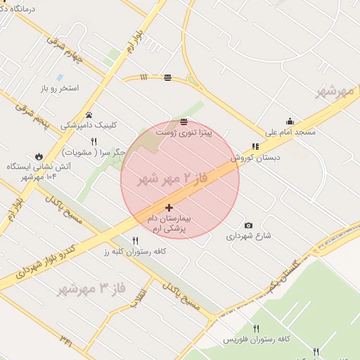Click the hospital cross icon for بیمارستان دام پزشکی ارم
(169, 208)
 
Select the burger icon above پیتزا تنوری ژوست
(184, 122)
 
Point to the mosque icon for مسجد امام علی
(290, 121)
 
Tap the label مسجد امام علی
(290, 132)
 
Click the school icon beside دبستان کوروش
(255, 147)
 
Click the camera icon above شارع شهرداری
(248, 225)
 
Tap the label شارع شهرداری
(248, 236)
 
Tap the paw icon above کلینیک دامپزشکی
(89, 115)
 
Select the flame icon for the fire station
(39, 157)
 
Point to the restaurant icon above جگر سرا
(103, 141)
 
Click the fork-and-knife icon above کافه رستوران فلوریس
(256, 328)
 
